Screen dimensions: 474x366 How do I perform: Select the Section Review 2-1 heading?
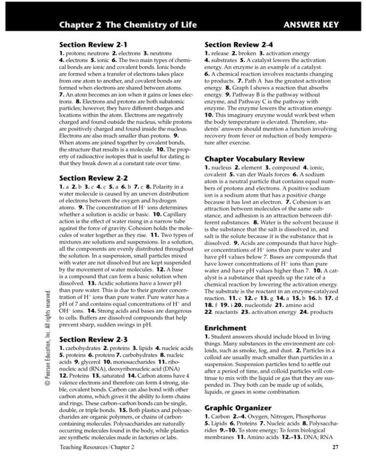click(93, 44)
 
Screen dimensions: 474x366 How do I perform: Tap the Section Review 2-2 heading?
click(93, 178)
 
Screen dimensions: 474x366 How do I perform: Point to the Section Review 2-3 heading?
click(93, 338)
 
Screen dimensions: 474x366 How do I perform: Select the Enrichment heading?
click(225, 328)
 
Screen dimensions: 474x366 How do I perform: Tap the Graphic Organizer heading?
click(238, 407)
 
